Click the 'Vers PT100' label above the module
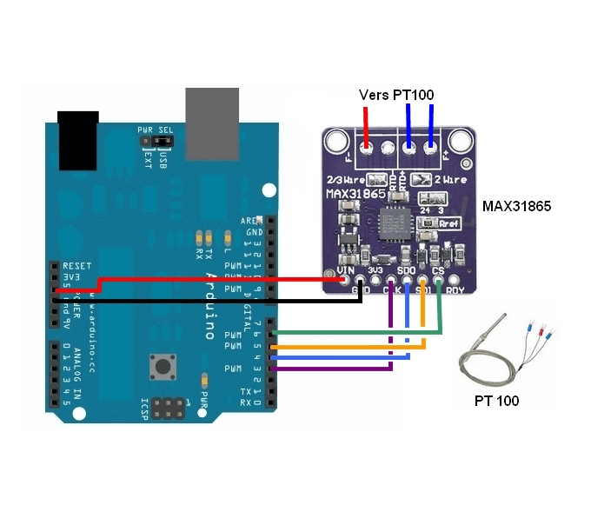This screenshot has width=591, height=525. [x=396, y=94]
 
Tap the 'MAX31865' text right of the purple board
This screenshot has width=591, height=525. [x=516, y=207]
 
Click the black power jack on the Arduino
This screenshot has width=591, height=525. [x=77, y=139]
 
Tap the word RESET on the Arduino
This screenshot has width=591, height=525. [x=77, y=265]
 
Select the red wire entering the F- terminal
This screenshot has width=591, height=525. [x=366, y=130]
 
